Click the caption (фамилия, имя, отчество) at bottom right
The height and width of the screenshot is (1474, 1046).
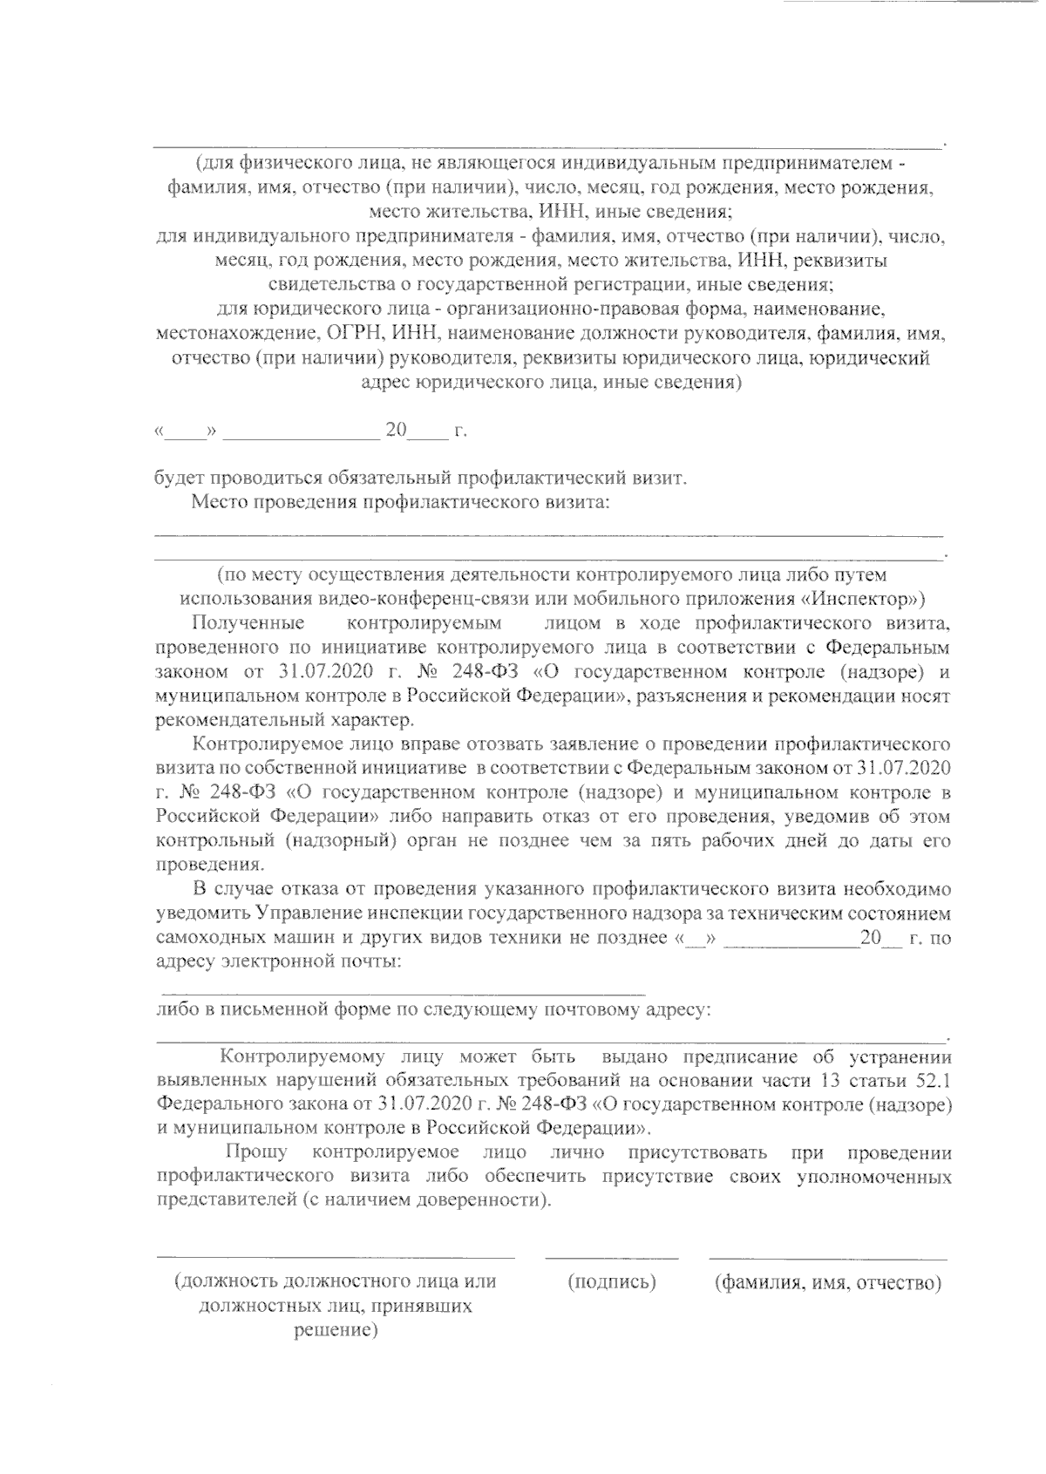827,1282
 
